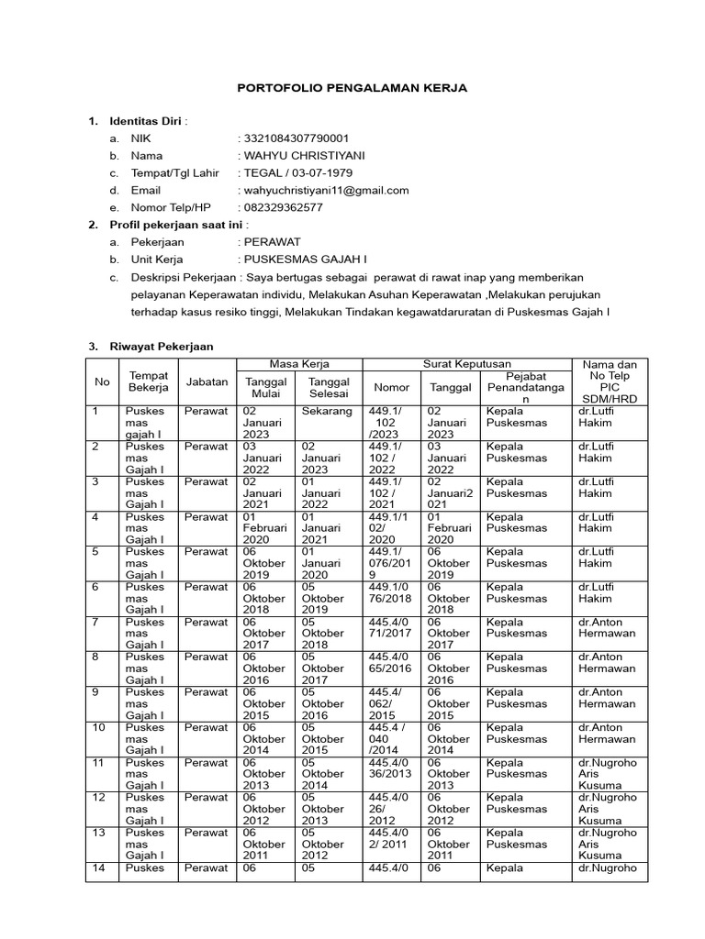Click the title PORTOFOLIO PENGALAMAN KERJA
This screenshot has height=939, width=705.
click(x=352, y=88)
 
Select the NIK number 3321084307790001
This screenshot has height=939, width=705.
click(x=296, y=138)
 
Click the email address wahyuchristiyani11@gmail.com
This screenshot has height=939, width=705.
click(x=325, y=190)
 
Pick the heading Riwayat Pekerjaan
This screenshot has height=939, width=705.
click(x=162, y=347)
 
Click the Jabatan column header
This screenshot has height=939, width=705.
click(x=207, y=381)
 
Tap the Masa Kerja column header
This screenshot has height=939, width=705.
click(x=296, y=364)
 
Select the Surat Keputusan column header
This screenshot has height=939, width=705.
click(x=467, y=364)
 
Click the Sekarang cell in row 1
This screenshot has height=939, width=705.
click(x=327, y=412)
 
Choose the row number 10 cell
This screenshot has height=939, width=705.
click(x=101, y=728)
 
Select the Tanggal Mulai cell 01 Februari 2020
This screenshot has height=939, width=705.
click(x=264, y=528)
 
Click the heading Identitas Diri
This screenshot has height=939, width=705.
click(x=146, y=120)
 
